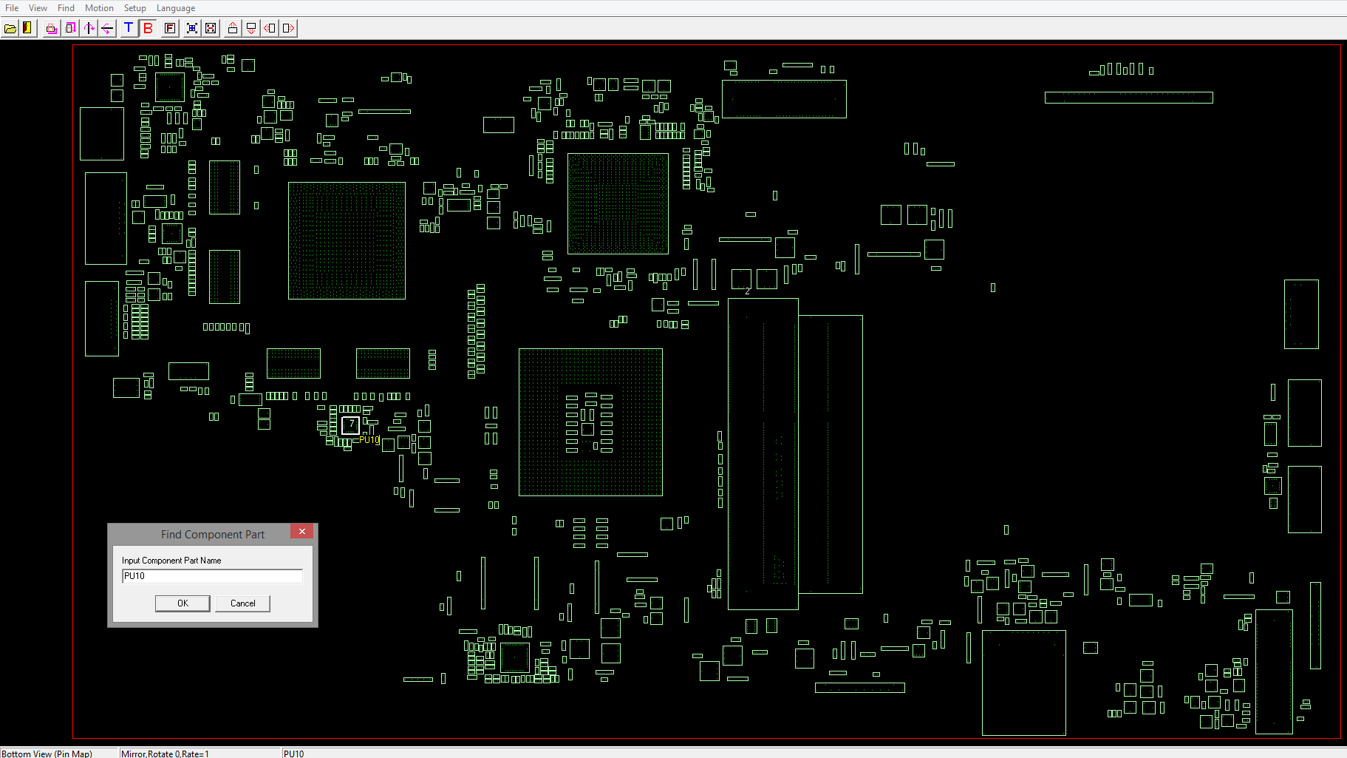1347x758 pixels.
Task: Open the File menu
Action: (x=12, y=8)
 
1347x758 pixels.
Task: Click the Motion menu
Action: (x=99, y=8)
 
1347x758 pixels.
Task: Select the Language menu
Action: (x=176, y=8)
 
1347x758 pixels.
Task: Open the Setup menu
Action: (x=134, y=8)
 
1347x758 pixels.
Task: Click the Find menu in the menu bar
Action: (x=66, y=8)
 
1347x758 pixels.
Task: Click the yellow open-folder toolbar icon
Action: (x=10, y=28)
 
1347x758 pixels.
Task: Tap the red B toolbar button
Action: (x=149, y=28)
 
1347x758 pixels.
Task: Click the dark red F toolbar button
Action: (x=170, y=28)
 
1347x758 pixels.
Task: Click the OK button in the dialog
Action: (x=183, y=603)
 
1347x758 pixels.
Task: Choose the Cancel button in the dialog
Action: (x=242, y=603)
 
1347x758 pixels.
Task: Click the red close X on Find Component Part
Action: (x=301, y=532)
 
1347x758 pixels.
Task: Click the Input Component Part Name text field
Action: (x=212, y=576)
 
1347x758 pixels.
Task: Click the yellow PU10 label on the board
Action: (x=369, y=440)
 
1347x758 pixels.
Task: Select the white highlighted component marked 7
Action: (x=351, y=424)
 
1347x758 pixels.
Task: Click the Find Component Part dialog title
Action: (x=212, y=535)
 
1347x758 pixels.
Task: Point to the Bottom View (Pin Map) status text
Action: (x=47, y=754)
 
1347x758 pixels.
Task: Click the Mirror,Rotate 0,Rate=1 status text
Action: (x=165, y=754)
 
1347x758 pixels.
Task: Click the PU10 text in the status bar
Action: (x=293, y=754)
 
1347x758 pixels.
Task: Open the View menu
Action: (x=38, y=8)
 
